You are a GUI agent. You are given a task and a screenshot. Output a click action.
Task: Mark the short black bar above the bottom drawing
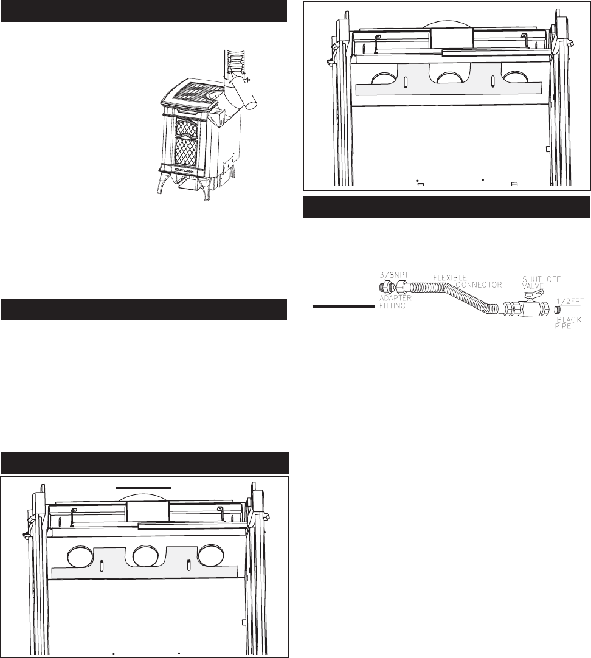click(143, 487)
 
